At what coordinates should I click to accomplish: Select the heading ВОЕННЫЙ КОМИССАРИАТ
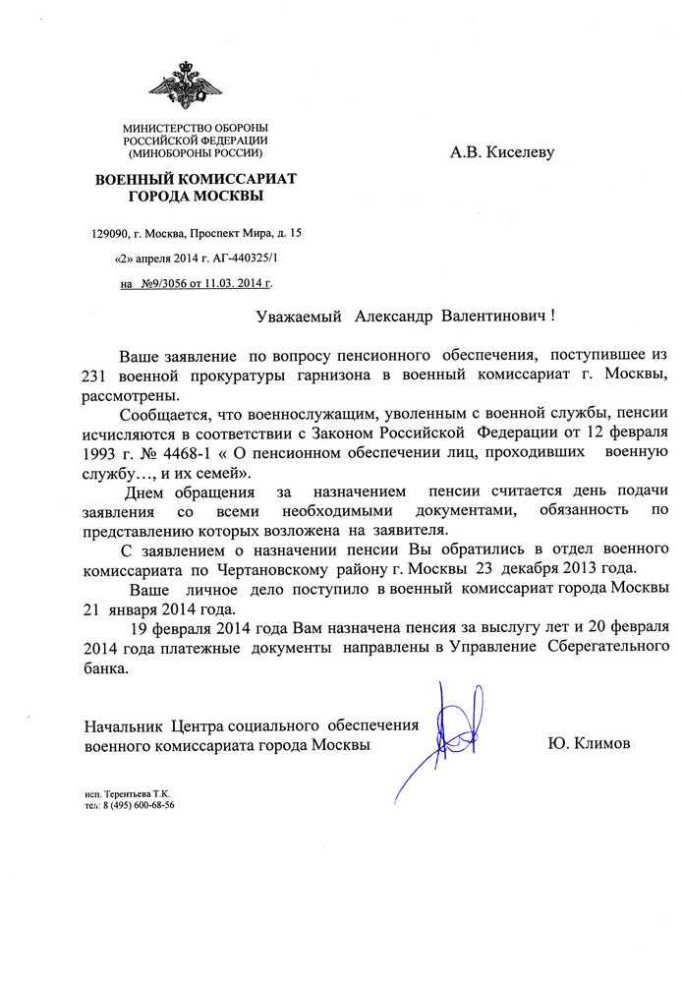pyautogui.click(x=194, y=179)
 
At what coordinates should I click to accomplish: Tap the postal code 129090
pyautogui.click(x=110, y=234)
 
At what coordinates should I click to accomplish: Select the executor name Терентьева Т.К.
pyautogui.click(x=144, y=792)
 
